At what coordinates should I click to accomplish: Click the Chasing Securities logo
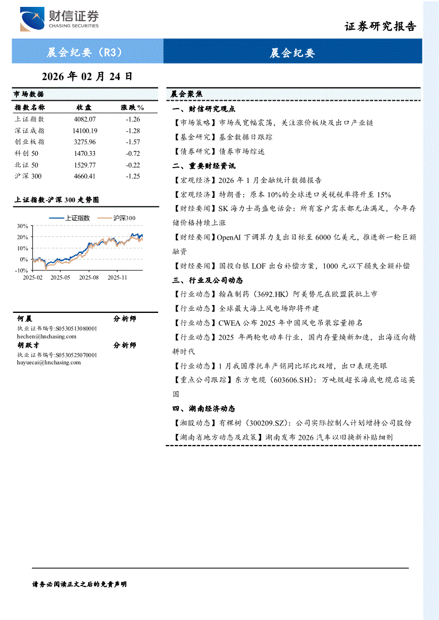click(59, 20)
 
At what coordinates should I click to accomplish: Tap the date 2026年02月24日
click(87, 76)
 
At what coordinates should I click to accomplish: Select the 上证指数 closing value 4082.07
click(85, 119)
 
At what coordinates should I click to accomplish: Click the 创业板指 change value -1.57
click(133, 142)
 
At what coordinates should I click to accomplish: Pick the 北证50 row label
click(27, 165)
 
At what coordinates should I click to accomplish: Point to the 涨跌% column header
click(133, 108)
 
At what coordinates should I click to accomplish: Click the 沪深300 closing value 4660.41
click(85, 176)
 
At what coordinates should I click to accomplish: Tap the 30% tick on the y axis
click(22, 226)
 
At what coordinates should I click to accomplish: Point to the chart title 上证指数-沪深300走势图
click(56, 200)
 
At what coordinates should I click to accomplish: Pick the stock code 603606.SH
click(299, 380)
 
